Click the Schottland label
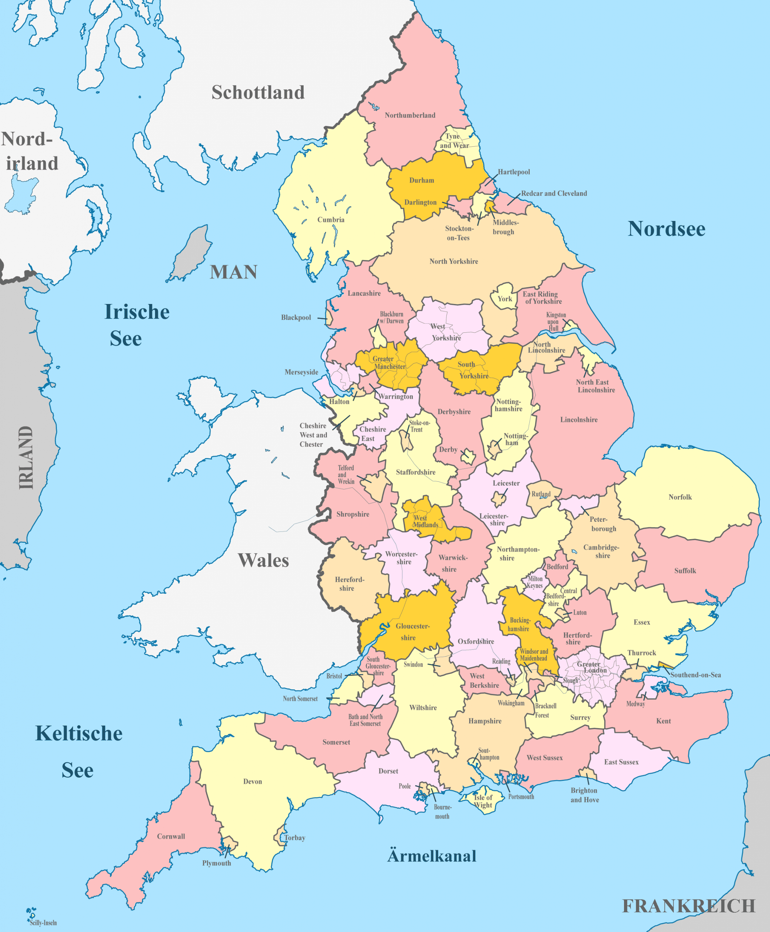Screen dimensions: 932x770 click(258, 92)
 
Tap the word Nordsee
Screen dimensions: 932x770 click(666, 229)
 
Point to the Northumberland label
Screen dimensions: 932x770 click(410, 115)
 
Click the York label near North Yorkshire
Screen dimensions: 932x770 click(504, 299)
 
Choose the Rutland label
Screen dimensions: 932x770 click(541, 494)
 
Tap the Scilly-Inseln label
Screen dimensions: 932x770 click(43, 923)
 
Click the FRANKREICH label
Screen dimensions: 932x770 click(688, 906)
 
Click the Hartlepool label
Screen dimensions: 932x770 click(514, 172)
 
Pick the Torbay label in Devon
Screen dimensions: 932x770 click(295, 837)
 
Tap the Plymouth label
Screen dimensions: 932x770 click(217, 863)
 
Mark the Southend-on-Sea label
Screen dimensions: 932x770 click(695, 675)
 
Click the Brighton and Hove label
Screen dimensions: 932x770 click(584, 795)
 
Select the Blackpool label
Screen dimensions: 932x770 click(296, 317)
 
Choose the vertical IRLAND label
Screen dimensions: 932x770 click(26, 457)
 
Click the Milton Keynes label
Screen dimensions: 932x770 click(534, 582)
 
